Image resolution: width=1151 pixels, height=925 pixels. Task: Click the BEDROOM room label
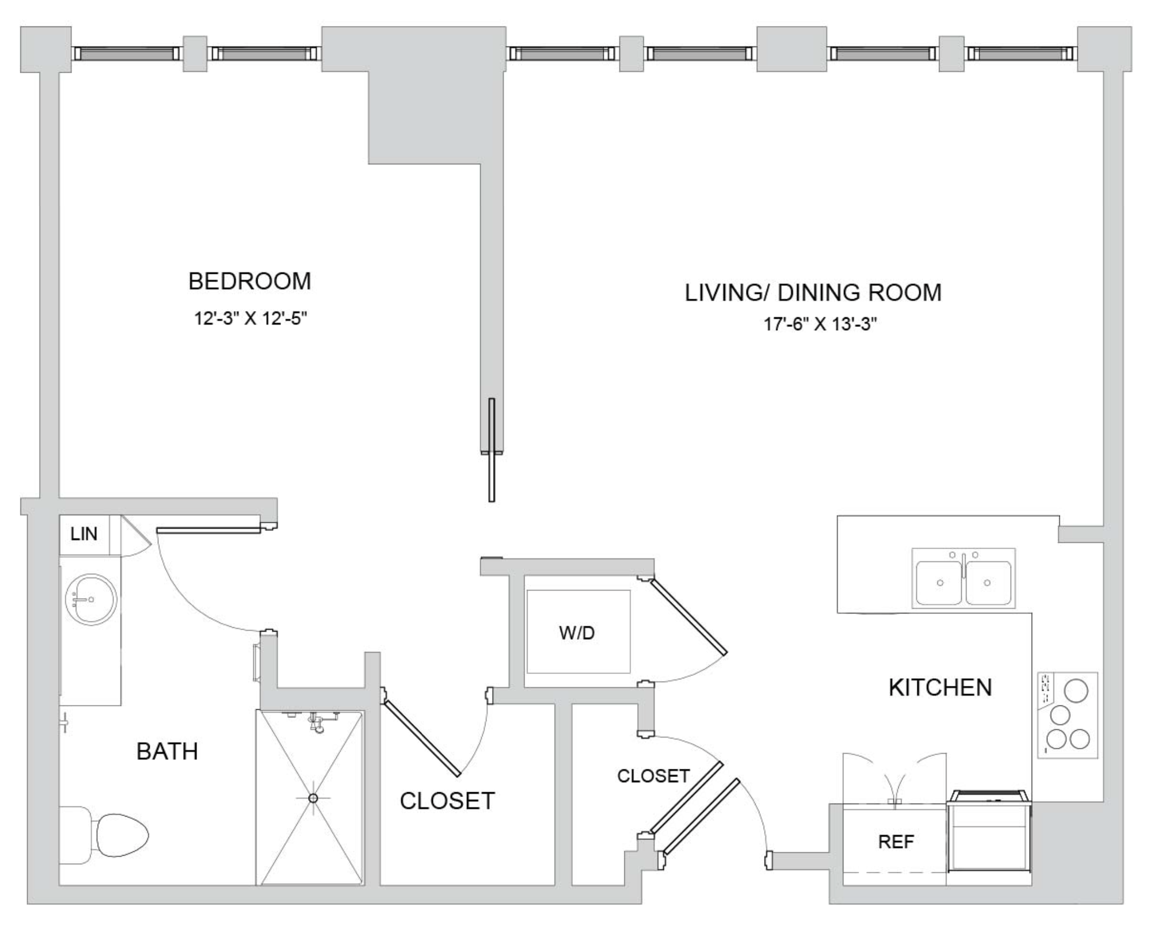(250, 281)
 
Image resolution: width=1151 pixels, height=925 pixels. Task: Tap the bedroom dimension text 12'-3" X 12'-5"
(251, 319)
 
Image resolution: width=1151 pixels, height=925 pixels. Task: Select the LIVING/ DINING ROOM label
(813, 293)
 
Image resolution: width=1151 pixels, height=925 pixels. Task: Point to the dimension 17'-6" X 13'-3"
(820, 324)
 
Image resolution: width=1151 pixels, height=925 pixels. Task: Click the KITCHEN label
(940, 688)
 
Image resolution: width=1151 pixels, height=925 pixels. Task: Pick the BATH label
(167, 751)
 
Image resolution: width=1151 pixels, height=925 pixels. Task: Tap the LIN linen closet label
(84, 534)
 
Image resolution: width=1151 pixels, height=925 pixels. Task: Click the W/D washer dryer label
(577, 633)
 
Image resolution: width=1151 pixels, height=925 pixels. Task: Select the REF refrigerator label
(896, 842)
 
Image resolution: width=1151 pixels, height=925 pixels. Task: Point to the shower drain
(313, 798)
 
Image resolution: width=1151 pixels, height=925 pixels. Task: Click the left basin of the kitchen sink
(939, 583)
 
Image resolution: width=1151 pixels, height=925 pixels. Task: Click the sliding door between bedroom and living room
(492, 450)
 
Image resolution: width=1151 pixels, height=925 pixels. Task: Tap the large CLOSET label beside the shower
(447, 801)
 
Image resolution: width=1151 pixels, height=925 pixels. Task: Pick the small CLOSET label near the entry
(653, 776)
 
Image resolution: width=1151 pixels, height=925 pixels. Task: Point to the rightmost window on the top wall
(1021, 53)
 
